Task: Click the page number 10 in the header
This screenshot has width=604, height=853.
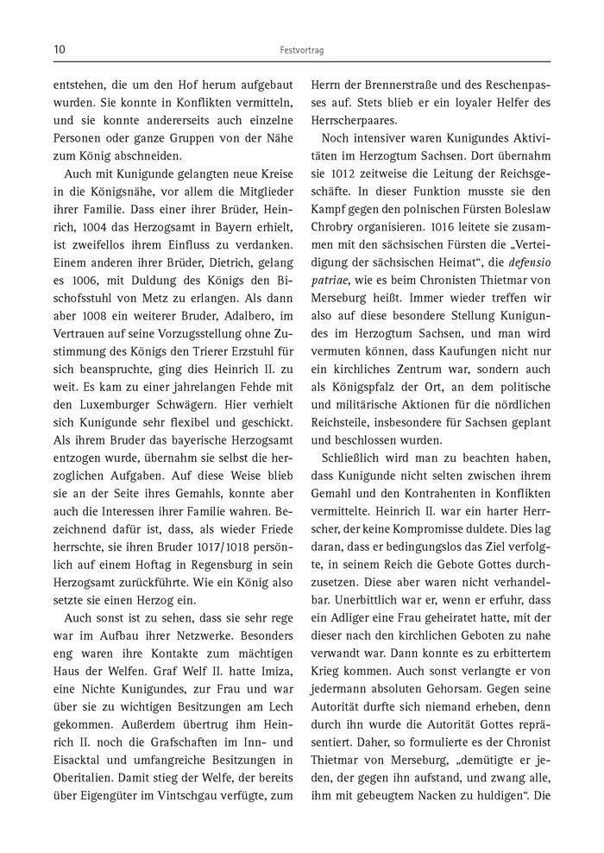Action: coord(59,50)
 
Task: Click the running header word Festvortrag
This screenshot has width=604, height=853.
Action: coord(301,51)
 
